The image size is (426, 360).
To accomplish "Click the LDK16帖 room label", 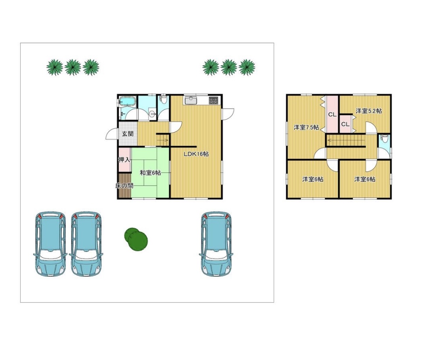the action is tap(196, 154).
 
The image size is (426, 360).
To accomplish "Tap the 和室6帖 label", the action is tap(150, 173).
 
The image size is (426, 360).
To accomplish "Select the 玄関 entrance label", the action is tap(128, 134).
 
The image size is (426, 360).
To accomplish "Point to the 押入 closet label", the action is tap(124, 160).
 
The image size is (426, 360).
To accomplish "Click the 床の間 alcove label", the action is tap(124, 186).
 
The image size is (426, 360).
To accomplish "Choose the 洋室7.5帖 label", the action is tap(306, 127).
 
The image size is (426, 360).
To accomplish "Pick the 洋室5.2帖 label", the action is tap(369, 111).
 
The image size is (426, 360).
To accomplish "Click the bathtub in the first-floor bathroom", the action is tap(127, 101).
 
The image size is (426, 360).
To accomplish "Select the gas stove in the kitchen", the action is tap(213, 100).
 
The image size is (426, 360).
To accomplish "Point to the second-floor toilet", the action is tap(384, 139).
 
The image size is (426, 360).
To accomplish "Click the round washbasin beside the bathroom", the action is tap(152, 114).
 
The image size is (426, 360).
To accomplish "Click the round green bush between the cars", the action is tap(136, 238).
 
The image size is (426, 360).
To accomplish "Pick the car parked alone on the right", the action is tap(216, 244).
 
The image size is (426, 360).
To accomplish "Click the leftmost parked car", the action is tap(50, 244).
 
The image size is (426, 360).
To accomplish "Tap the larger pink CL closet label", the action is tap(332, 115).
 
